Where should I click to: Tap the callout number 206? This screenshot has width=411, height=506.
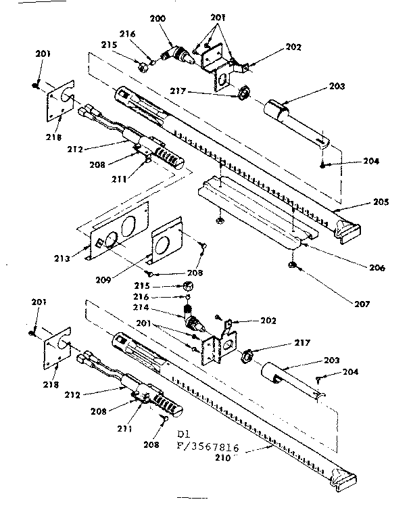click(x=377, y=268)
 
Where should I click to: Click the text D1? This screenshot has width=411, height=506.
click(x=185, y=433)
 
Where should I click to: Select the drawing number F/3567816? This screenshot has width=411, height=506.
click(x=213, y=446)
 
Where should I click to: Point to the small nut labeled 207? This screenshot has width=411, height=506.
click(x=292, y=264)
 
